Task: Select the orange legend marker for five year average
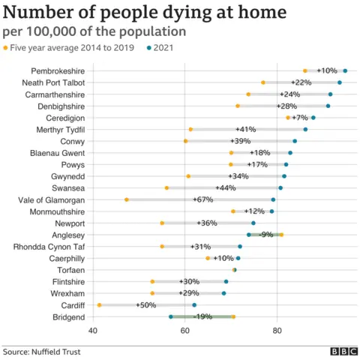click(7, 49)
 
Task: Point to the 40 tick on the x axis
click(93, 330)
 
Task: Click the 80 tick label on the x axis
click(277, 330)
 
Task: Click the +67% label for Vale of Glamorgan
click(204, 199)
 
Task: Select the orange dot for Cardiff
click(100, 305)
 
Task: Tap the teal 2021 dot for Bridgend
click(171, 316)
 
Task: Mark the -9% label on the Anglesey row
click(266, 235)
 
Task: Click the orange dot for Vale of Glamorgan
click(127, 199)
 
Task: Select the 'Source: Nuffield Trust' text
click(41, 350)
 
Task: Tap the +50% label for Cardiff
click(147, 305)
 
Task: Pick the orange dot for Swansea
click(166, 187)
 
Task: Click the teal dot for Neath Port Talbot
click(340, 82)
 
